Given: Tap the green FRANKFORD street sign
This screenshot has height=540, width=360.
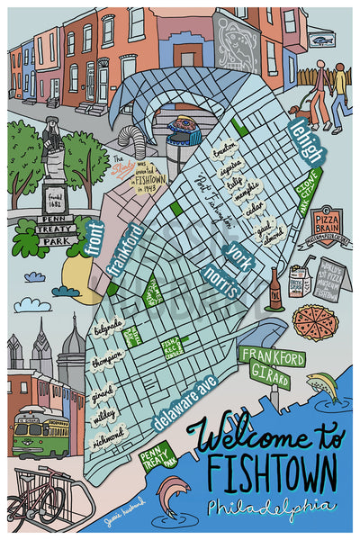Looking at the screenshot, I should coord(271,356).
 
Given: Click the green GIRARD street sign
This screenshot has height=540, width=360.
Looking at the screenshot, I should coord(267,373).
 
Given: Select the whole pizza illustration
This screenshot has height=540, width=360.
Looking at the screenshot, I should coord(315,320).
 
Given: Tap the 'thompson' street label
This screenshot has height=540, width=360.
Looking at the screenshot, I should coord(106,358).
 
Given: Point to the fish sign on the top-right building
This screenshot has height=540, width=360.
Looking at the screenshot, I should coord(322,40).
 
